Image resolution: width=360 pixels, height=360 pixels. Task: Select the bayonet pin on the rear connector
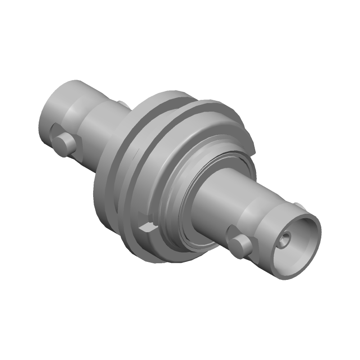pyautogui.click(x=63, y=143)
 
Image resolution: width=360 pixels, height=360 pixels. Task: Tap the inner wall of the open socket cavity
pyautogui.click(x=297, y=234)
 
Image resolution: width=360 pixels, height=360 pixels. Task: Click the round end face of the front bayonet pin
pyautogui.click(x=236, y=247)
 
